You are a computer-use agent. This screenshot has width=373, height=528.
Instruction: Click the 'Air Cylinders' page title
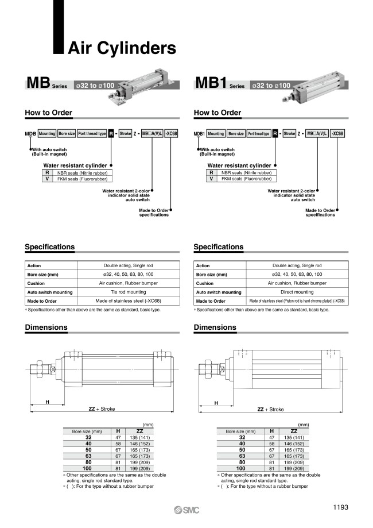click(x=122, y=47)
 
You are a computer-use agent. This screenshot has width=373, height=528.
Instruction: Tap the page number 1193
click(x=340, y=507)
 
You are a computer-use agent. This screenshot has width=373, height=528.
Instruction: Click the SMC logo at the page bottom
click(x=187, y=510)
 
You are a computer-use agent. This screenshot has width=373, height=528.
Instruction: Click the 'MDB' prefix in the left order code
click(x=30, y=134)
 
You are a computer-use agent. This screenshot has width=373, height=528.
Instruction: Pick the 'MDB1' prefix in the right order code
click(x=199, y=134)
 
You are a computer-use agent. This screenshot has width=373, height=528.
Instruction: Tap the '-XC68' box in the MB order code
click(x=171, y=134)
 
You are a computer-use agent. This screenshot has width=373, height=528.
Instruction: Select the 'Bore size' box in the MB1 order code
click(x=236, y=134)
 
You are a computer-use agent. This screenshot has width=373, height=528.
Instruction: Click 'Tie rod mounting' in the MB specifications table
click(x=128, y=292)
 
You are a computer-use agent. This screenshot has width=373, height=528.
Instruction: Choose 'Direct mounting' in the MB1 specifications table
click(x=297, y=292)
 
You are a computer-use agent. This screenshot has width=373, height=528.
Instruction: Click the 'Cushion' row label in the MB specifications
click(x=36, y=283)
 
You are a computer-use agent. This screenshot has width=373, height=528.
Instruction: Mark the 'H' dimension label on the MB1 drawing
click(x=216, y=403)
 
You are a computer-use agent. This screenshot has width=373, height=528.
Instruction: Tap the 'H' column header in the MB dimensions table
click(x=118, y=431)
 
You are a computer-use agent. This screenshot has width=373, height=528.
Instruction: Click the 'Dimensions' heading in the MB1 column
click(x=215, y=327)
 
